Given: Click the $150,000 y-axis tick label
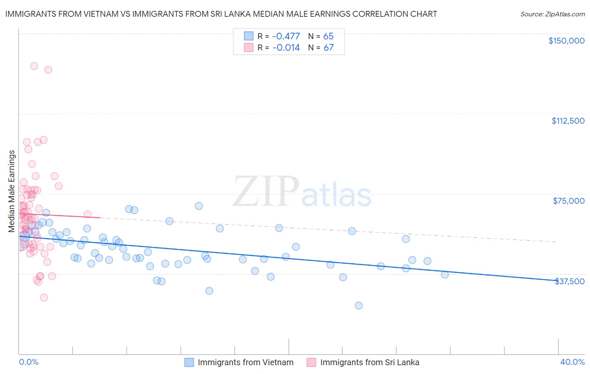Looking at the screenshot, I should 566,41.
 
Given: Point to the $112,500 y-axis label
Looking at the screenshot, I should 568,121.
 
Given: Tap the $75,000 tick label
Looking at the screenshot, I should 569,201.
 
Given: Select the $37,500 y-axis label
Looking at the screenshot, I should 569,281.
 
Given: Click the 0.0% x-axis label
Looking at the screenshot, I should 29,362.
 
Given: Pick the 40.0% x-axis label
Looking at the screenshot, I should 572,362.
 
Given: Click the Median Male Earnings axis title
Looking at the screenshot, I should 12,191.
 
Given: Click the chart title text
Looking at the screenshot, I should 221,14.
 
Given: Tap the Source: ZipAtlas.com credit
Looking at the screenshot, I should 552,14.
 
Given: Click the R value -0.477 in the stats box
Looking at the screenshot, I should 286,36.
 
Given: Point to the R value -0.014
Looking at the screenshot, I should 286,48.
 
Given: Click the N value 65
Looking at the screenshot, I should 328,36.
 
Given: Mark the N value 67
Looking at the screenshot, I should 328,48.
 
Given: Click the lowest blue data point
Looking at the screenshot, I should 359,306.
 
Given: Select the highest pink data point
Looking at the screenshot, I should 34,66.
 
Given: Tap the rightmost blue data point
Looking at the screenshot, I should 445,275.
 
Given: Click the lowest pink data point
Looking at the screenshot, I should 44,298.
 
